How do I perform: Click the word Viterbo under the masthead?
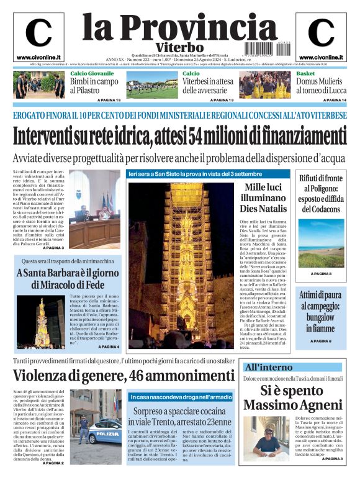click(x=179, y=47)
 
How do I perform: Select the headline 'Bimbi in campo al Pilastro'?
click(x=94, y=86)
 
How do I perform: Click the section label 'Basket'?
click(x=305, y=73)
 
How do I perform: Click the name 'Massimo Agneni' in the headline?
click(x=292, y=405)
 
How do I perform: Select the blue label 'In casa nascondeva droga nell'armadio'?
click(x=181, y=396)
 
